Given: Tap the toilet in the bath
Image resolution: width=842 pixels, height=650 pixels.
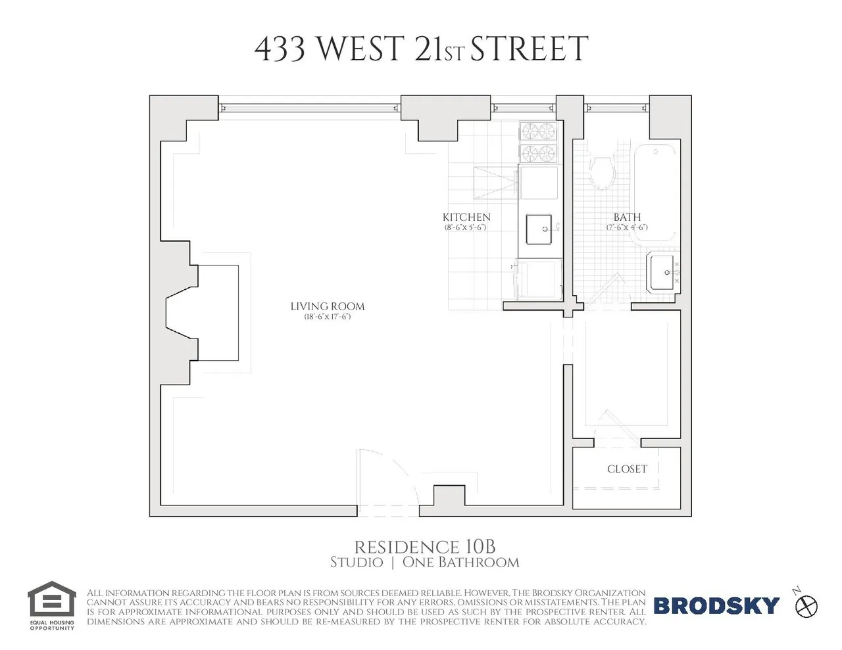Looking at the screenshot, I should (602, 172).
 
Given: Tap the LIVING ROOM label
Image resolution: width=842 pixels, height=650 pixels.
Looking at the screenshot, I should (327, 306).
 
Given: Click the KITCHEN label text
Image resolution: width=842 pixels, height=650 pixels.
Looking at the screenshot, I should (466, 217).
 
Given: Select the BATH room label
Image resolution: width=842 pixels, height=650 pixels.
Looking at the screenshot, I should (627, 217).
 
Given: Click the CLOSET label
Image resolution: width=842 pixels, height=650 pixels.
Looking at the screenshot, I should (627, 469).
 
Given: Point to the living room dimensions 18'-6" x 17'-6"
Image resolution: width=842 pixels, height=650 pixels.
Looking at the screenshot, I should (327, 317).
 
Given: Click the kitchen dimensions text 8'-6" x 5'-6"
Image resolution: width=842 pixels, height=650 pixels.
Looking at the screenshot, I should (466, 227).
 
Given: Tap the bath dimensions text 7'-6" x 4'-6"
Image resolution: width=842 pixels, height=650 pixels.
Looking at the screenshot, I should (627, 227).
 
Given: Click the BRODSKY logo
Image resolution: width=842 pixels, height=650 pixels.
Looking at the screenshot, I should (716, 605).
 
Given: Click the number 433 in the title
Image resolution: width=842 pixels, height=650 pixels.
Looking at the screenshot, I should (279, 50).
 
